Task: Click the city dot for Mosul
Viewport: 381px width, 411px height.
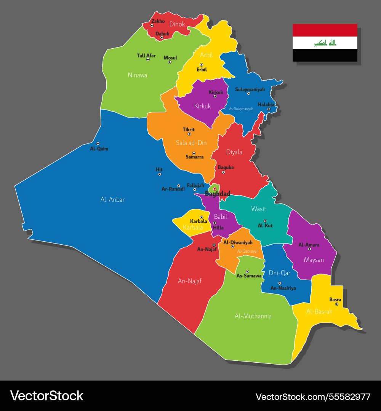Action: tap(170, 62)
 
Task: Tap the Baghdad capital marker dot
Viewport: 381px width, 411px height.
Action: tap(215, 189)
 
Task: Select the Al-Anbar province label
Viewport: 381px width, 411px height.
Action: tap(112, 199)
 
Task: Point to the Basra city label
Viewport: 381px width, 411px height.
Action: tap(335, 299)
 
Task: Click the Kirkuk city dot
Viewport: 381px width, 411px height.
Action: tap(215, 96)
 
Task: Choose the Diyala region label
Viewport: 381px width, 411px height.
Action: tap(234, 152)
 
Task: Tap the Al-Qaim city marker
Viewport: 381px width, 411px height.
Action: tap(98, 143)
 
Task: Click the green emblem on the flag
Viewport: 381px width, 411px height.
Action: tap(325, 43)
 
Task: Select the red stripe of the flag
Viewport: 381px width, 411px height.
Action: tap(325, 30)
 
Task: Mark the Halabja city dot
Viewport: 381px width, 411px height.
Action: tap(269, 109)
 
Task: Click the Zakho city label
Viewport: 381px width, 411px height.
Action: tap(158, 21)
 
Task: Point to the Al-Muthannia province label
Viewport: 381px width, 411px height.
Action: tap(253, 316)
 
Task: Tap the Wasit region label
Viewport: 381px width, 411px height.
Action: tap(258, 209)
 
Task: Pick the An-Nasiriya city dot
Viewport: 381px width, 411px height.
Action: tap(280, 283)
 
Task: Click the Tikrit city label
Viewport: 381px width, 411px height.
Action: tap(189, 129)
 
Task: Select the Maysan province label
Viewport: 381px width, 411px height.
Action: tap(314, 260)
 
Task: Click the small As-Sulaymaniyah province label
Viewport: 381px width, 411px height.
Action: tap(241, 109)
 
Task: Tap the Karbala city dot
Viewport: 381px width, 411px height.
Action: tap(202, 217)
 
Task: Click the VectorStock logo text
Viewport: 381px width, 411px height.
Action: tap(46, 396)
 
